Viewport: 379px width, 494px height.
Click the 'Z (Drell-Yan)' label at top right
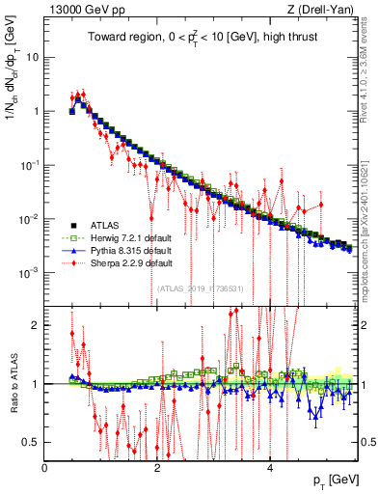tap(323, 11)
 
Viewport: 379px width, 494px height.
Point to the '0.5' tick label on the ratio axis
tap(30, 442)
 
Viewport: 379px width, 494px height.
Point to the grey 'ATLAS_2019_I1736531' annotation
tap(202, 288)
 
